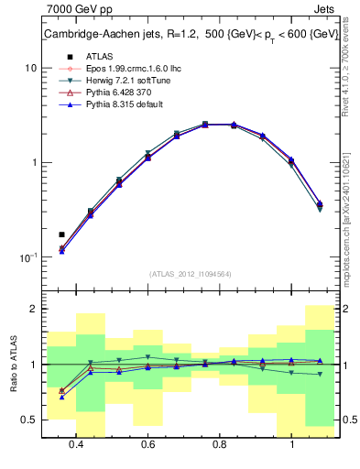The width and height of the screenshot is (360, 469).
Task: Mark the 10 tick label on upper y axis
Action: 30,69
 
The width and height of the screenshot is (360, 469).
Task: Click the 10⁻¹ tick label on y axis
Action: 27,257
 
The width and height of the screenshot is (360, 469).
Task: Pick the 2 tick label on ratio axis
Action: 33,310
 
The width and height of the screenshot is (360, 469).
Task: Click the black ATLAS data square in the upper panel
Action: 61,234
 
